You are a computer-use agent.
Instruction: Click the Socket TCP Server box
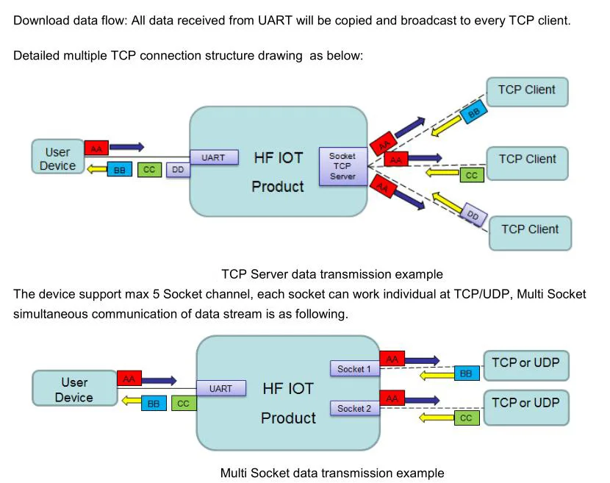342,166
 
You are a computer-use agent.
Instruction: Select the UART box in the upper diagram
214,157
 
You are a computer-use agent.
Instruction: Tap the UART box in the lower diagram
221,388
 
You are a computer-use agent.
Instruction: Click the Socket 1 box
354,368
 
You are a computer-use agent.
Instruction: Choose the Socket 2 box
354,408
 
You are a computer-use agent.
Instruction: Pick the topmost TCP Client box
527,92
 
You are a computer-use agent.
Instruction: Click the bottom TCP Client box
530,233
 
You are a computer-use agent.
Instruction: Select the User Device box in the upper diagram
58,157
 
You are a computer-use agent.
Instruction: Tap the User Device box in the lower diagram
75,388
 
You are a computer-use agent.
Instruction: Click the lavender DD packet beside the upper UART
178,170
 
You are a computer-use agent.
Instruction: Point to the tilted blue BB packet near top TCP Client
473,112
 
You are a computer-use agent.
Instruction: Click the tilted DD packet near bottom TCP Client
473,214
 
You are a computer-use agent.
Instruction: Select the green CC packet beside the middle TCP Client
472,175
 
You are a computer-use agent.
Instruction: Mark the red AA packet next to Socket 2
392,398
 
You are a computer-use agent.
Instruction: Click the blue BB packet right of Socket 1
467,373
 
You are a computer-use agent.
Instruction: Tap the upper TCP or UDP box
526,365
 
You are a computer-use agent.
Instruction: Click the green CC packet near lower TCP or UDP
467,418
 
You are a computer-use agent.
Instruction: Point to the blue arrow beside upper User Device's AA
127,147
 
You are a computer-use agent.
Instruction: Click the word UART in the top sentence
275,21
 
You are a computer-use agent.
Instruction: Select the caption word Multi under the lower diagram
234,473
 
